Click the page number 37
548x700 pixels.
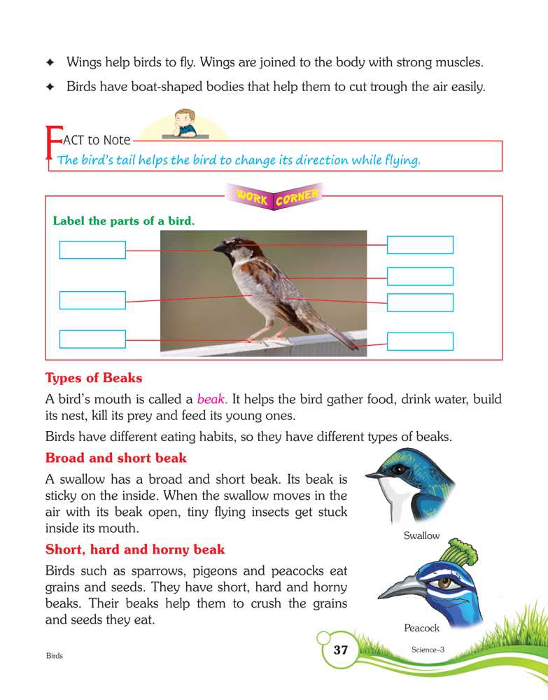340,650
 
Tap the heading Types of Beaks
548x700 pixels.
94,379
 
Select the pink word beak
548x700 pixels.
211,400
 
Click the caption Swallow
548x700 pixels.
421,536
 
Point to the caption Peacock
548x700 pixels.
421,629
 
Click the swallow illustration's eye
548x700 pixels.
398,468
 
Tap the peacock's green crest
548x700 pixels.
463,552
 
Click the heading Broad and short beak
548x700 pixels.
115,458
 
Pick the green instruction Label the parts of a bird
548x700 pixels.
123,221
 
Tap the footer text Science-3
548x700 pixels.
428,650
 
